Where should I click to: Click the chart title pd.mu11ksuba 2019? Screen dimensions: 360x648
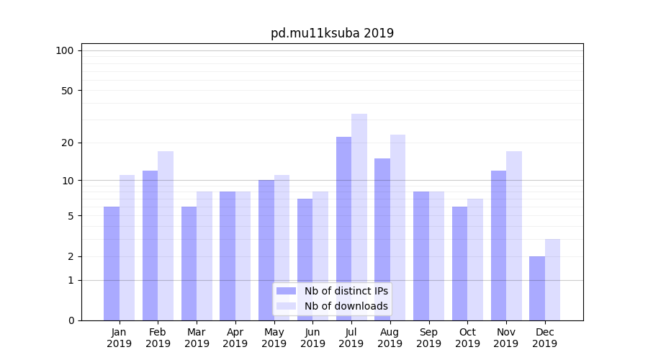click(332, 33)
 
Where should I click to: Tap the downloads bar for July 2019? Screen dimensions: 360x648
click(359, 217)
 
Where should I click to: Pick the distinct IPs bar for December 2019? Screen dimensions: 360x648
click(537, 288)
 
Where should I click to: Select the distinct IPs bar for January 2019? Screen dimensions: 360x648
click(112, 264)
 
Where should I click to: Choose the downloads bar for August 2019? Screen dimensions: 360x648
click(398, 228)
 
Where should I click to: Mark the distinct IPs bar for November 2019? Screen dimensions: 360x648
click(498, 246)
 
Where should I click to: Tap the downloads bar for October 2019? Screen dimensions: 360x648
click(475, 259)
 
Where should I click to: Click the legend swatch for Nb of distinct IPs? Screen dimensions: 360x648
click(286, 291)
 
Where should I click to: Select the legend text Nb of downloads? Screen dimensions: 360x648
click(346, 306)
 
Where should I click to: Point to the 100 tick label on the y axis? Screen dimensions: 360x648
click(65, 50)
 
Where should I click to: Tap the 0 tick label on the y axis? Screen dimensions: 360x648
click(71, 320)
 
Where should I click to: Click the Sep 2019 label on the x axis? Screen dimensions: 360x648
click(428, 338)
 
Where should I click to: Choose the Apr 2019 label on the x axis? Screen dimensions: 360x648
click(235, 338)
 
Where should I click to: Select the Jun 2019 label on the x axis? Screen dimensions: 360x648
click(312, 338)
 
